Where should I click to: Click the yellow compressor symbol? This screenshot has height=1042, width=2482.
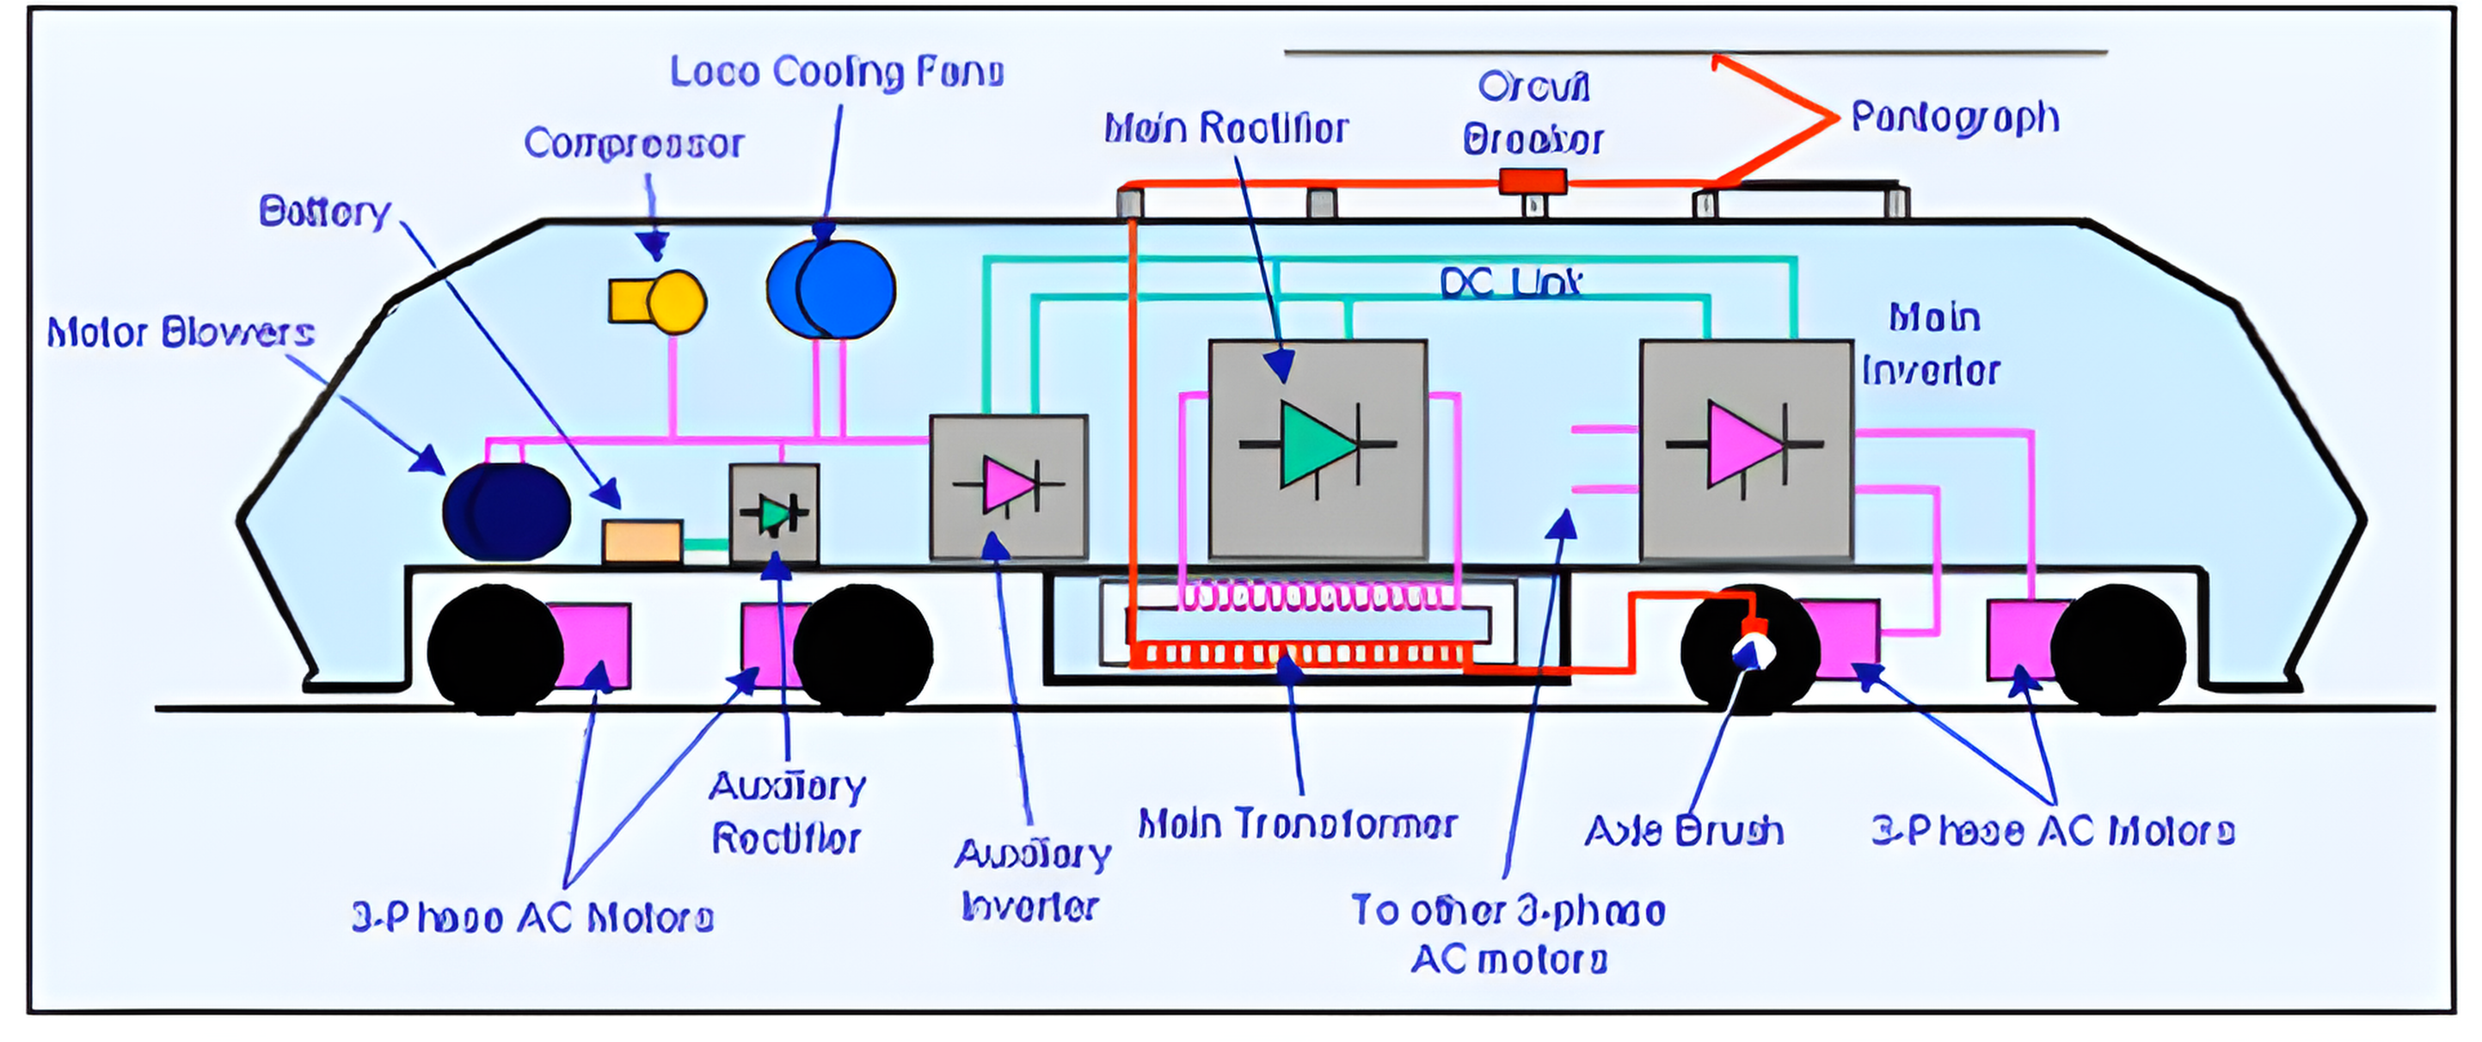click(658, 302)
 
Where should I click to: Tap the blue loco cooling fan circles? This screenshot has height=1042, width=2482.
click(831, 289)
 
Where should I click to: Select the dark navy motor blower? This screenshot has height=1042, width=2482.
click(507, 512)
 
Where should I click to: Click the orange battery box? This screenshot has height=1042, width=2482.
click(642, 542)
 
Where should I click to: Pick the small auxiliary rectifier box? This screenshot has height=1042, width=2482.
click(775, 513)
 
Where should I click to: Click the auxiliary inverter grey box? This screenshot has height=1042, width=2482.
click(1009, 487)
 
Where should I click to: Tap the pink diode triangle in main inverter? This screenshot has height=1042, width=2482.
click(1743, 444)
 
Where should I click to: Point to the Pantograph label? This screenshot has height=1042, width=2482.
click(1955, 119)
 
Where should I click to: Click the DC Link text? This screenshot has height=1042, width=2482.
click(1511, 283)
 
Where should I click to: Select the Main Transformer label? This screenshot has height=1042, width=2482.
click(1297, 825)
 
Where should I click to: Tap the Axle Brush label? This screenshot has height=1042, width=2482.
click(1683, 831)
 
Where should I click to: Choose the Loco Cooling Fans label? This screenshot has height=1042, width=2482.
click(836, 72)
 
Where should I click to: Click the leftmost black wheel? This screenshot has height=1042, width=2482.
click(494, 650)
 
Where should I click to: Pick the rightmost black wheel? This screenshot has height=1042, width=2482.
click(2119, 650)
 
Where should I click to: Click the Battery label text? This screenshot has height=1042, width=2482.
click(325, 211)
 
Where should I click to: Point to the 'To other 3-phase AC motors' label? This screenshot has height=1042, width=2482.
click(1508, 935)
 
